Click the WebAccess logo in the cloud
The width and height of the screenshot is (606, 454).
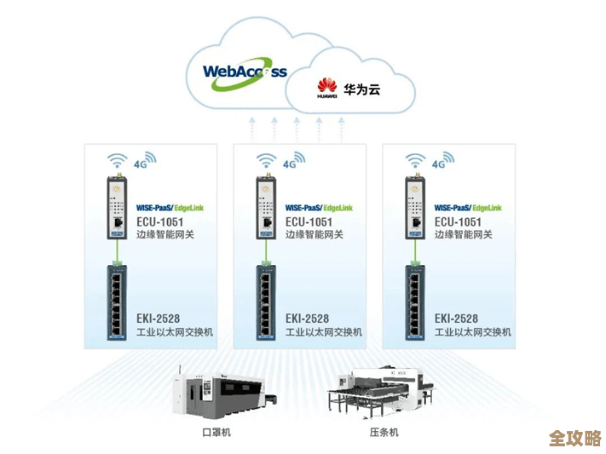point(245,71)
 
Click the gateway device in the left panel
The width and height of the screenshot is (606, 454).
point(115,206)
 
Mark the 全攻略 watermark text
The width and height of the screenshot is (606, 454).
point(574,438)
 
